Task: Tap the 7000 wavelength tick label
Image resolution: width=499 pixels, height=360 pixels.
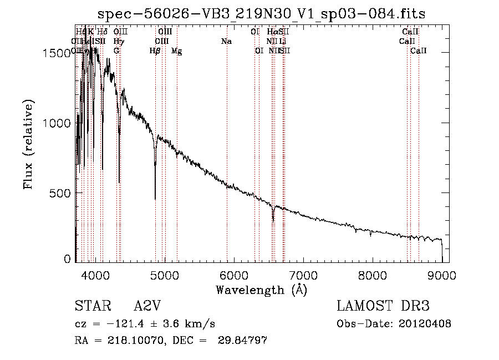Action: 303,274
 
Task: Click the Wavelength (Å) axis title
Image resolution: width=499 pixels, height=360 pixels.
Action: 261,290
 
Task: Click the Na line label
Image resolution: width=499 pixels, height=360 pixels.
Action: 226,42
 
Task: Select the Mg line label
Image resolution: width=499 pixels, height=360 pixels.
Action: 176,51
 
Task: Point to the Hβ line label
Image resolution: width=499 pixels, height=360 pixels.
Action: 155,51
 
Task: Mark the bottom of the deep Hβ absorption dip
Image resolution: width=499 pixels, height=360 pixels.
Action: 155,198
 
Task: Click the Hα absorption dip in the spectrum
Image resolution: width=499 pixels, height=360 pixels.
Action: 273,220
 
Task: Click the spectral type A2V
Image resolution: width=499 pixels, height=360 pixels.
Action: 147,307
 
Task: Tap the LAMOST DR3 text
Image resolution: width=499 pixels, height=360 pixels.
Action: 383,307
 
